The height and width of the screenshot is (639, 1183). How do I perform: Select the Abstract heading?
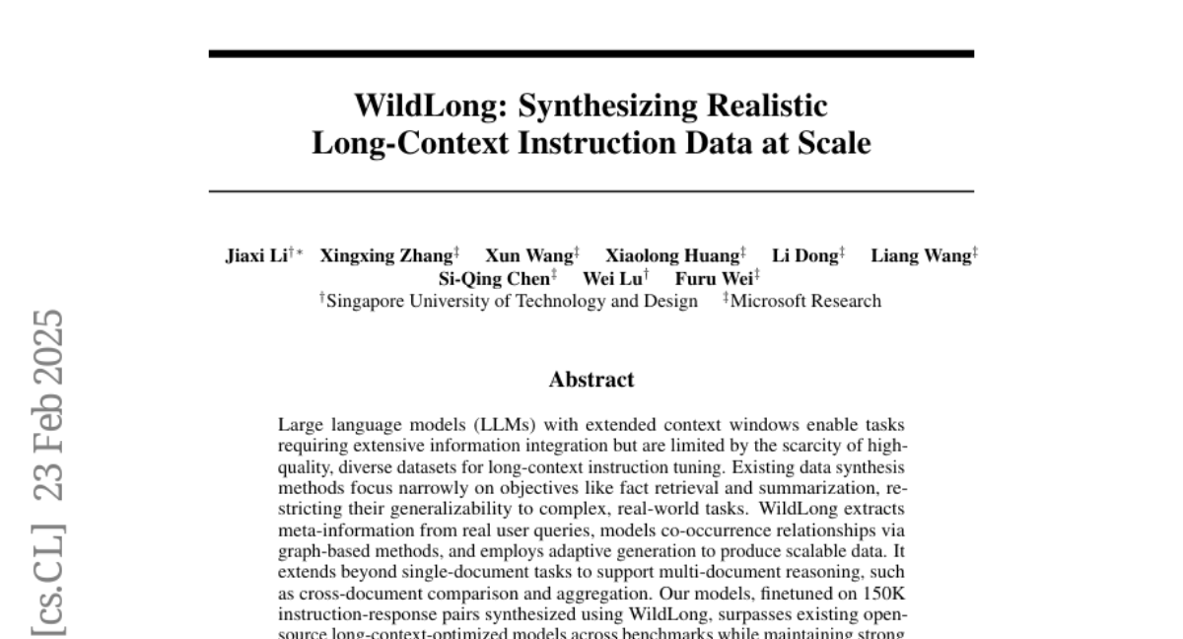pyautogui.click(x=591, y=380)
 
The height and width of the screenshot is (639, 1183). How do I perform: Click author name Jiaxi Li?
pyautogui.click(x=255, y=256)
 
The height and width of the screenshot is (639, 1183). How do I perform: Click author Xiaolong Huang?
pyautogui.click(x=672, y=256)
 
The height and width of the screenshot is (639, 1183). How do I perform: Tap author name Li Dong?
pyautogui.click(x=803, y=256)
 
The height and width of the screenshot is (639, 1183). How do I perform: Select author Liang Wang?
pyautogui.click(x=920, y=256)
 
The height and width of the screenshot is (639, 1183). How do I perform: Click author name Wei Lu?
pyautogui.click(x=611, y=279)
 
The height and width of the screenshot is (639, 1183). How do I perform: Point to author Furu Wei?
pyautogui.click(x=713, y=279)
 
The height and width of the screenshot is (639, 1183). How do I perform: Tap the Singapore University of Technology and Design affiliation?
pyautogui.click(x=511, y=302)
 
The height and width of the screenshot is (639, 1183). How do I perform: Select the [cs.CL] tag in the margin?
pyautogui.click(x=48, y=582)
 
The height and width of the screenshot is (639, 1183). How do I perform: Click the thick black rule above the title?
pyautogui.click(x=591, y=53)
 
